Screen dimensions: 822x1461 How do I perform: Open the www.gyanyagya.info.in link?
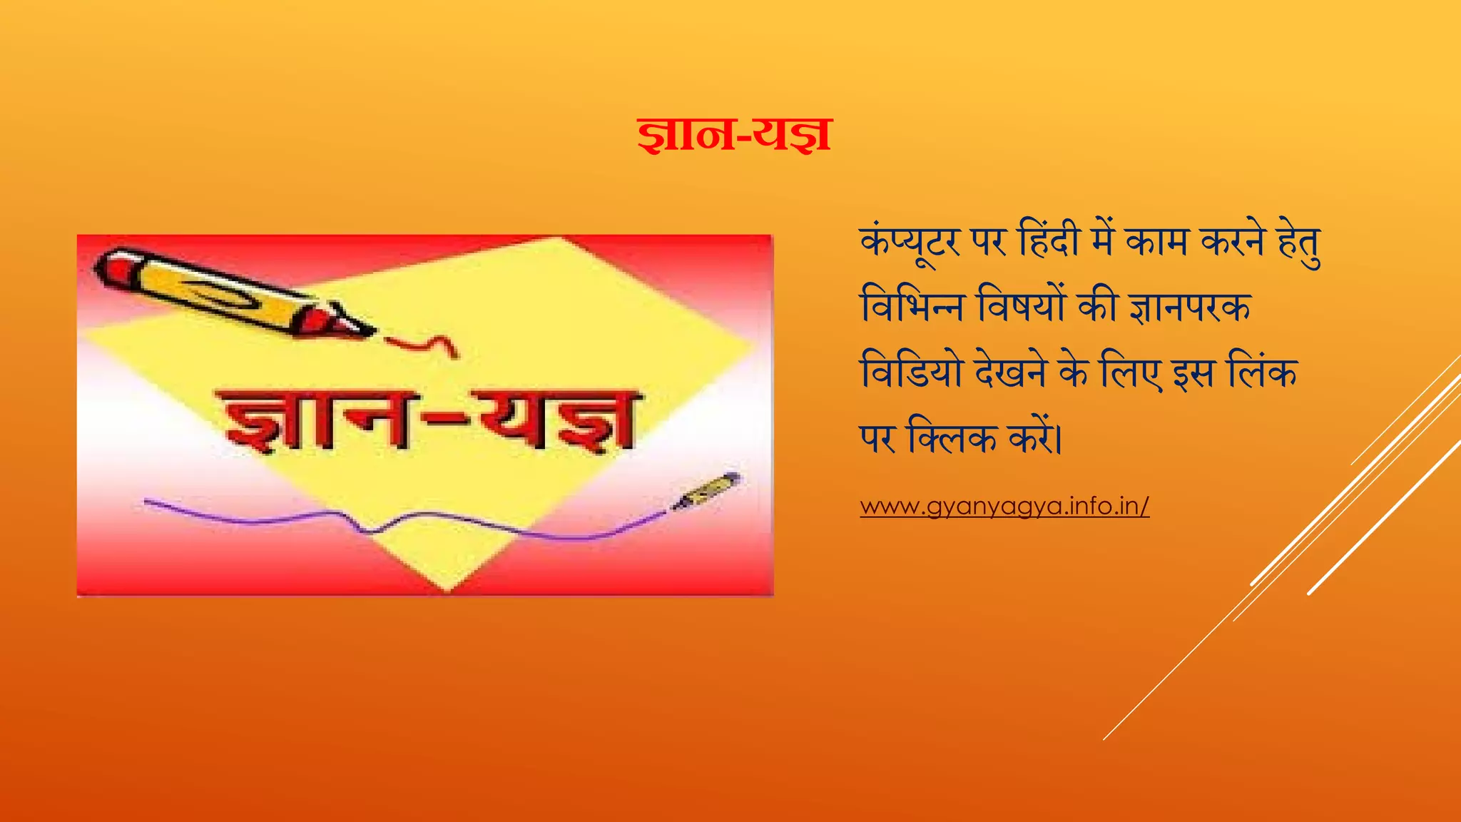[x=1004, y=506]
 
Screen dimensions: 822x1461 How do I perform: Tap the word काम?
[x=1157, y=241]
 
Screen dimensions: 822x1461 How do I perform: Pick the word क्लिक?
[x=952, y=437]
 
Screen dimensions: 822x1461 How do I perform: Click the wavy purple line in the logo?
[x=399, y=521]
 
